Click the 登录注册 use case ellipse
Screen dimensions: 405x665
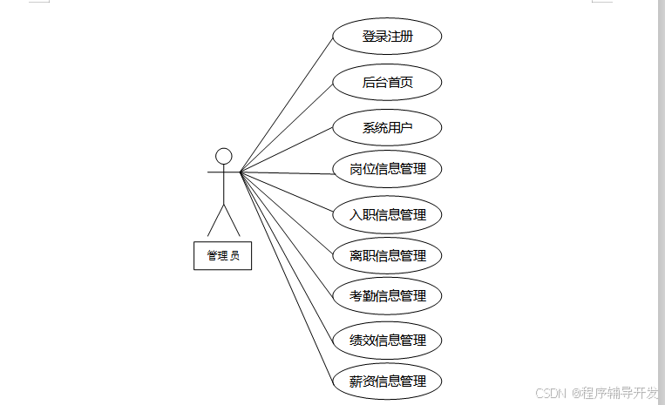(388, 37)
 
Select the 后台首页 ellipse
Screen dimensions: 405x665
(388, 83)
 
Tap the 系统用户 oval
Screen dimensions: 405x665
(388, 128)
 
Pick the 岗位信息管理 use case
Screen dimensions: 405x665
(388, 169)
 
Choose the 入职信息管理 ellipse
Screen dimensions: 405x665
(388, 214)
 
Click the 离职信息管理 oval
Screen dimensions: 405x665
(388, 256)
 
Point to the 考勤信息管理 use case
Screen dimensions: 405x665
(388, 296)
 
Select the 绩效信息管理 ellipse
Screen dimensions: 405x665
(388, 341)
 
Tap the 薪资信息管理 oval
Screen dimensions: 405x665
(388, 381)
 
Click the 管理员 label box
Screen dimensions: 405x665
(222, 256)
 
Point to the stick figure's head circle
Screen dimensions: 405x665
(224, 156)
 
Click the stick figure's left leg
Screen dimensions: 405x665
(216, 220)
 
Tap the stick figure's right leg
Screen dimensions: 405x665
(232, 220)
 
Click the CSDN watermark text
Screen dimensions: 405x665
(551, 393)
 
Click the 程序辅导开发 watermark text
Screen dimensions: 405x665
(621, 393)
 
